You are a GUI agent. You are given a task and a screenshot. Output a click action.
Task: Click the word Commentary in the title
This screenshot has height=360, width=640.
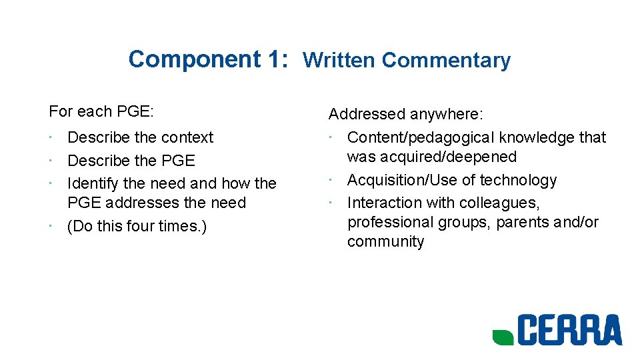[446, 61]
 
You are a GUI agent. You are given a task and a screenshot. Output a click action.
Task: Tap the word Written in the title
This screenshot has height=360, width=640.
[339, 61]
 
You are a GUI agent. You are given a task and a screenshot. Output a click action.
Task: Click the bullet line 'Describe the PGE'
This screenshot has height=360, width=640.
[131, 161]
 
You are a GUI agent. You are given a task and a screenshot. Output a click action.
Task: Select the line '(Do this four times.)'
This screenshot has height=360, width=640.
[137, 226]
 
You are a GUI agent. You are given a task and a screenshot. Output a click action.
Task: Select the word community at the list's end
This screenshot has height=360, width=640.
[385, 241]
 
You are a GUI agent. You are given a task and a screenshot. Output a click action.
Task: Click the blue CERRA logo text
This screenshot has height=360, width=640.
[570, 331]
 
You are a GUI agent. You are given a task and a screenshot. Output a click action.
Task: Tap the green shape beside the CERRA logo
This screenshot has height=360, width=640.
[503, 337]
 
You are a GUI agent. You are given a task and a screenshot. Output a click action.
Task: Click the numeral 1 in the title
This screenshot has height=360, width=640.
[275, 59]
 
